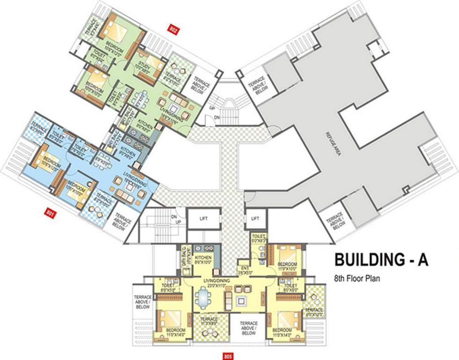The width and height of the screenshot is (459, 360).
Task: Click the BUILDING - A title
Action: [x=380, y=260]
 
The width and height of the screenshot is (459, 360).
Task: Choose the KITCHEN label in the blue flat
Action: [x=127, y=154]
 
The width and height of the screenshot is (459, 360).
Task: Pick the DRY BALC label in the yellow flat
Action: [x=184, y=258]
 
